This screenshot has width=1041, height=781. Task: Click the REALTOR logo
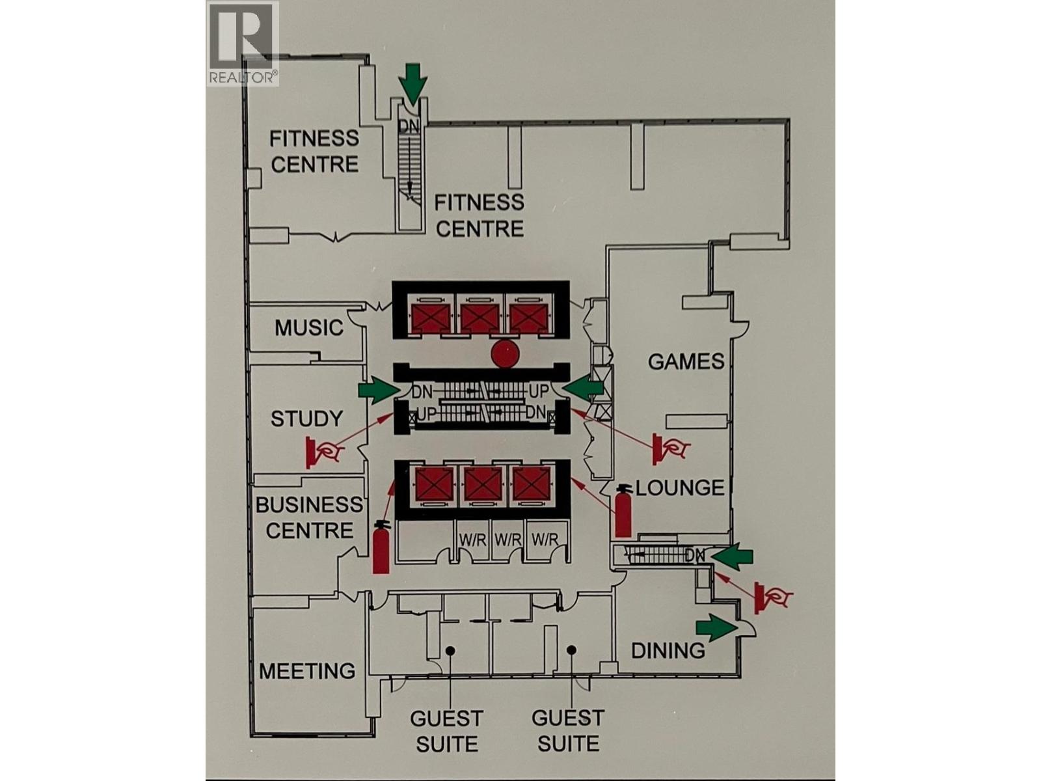point(243,43)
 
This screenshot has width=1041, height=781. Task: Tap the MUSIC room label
point(308,327)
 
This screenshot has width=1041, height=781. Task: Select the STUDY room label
point(306,418)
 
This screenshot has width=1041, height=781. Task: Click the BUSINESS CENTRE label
point(309,517)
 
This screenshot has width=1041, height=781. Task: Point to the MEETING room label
point(307,671)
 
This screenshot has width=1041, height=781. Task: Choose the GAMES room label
point(686,361)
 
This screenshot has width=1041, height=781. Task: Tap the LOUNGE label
point(679,488)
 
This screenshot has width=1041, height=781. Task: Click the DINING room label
point(668,650)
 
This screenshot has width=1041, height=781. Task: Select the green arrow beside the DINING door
point(716,627)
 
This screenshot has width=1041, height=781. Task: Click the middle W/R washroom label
point(508,540)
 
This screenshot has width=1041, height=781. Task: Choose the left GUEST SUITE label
point(446,731)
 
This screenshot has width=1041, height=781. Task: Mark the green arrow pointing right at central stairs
point(379,390)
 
